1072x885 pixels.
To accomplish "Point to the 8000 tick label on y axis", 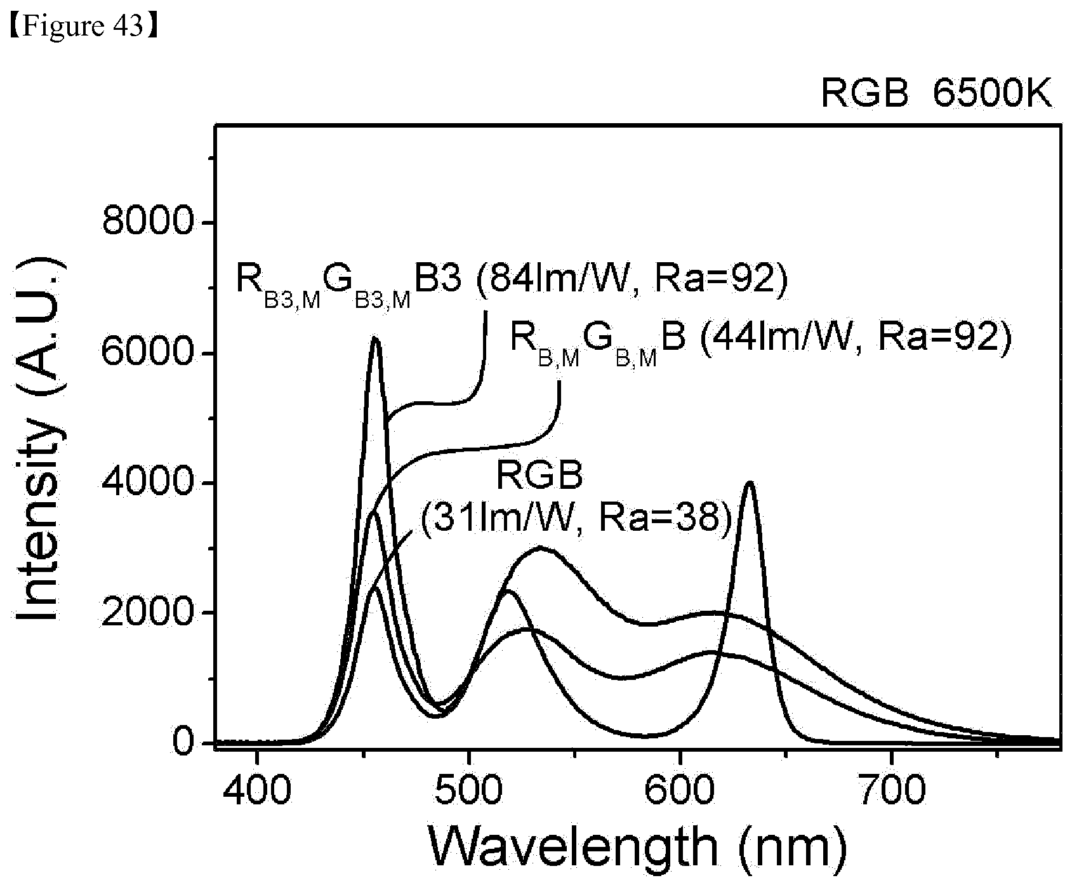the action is [x=146, y=223].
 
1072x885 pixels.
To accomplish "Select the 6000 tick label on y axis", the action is [x=146, y=353].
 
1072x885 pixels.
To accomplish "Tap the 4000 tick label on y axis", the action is [x=146, y=483].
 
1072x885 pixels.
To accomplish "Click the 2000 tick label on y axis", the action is [x=146, y=613].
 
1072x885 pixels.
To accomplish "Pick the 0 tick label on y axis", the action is [x=182, y=743].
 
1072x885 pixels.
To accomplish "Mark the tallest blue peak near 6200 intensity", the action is [x=375, y=338].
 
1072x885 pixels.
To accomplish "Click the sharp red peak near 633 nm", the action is [x=751, y=482].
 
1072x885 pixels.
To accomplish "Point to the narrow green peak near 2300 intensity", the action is [x=507, y=591].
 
